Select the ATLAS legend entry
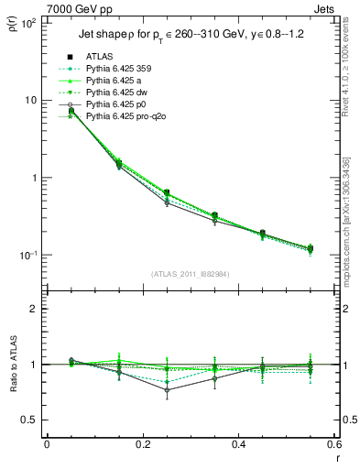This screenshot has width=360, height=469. coord(99,58)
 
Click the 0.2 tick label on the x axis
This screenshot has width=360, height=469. coord(142,445)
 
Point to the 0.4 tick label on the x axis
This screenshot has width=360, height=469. coord(238,445)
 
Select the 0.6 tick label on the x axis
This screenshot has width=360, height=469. coord(333,445)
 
